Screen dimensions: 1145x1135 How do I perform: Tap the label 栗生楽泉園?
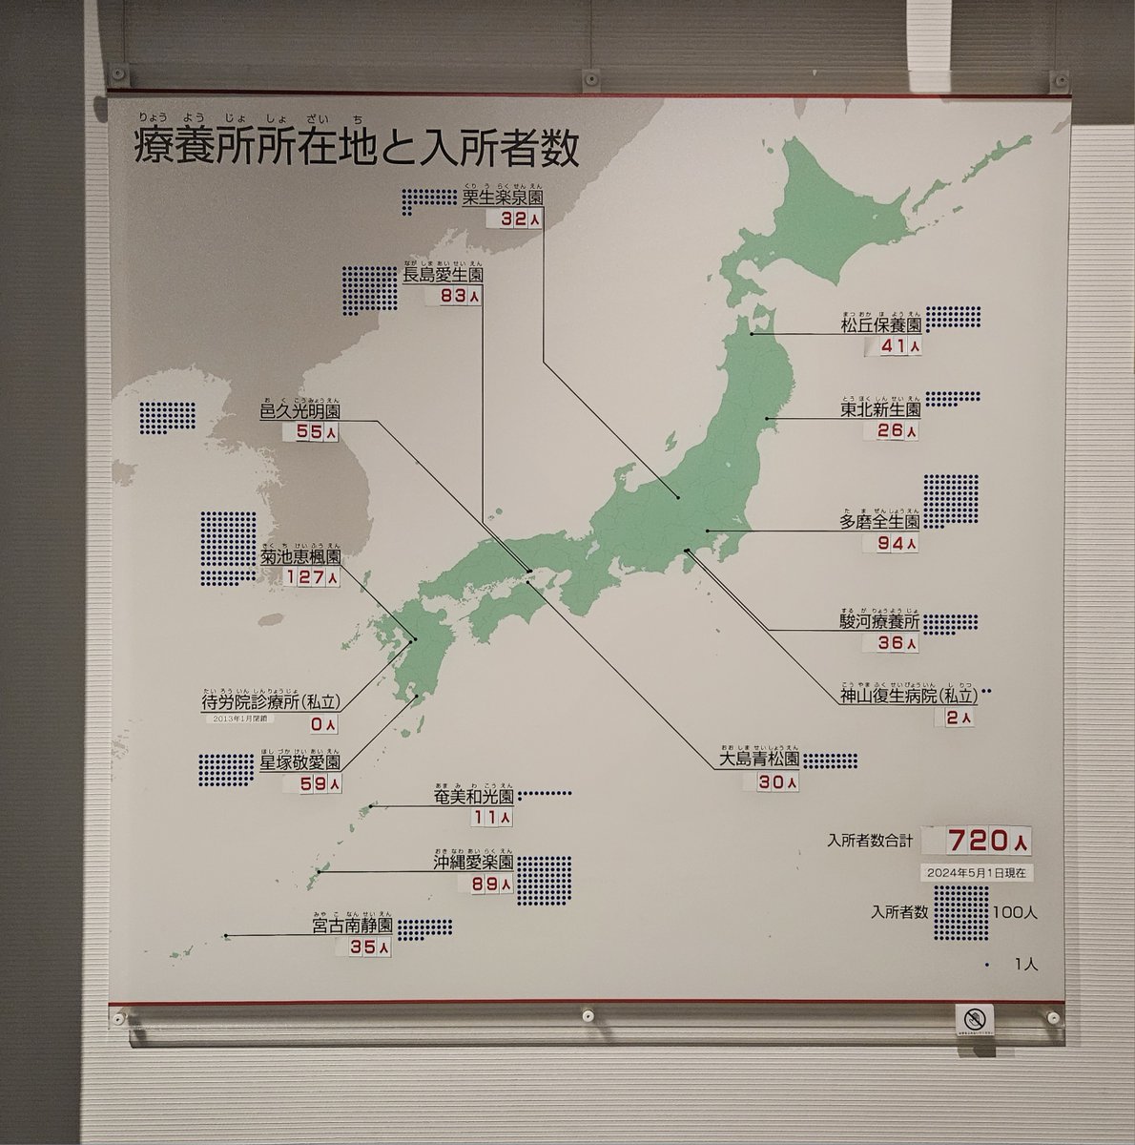502,198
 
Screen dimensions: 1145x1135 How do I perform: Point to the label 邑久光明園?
299,411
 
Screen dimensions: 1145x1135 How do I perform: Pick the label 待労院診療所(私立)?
271,701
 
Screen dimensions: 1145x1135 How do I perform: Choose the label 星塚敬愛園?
299,762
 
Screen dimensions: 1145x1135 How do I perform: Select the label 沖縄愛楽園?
472,864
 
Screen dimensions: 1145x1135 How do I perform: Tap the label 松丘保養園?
880,324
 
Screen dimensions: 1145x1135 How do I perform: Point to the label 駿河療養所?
880,621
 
